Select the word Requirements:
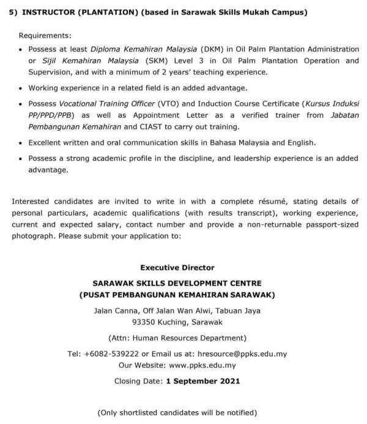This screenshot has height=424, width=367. [45, 36]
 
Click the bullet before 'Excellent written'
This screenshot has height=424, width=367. [22, 143]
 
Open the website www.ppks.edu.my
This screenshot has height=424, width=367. [202, 365]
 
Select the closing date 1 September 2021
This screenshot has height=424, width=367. [203, 381]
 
